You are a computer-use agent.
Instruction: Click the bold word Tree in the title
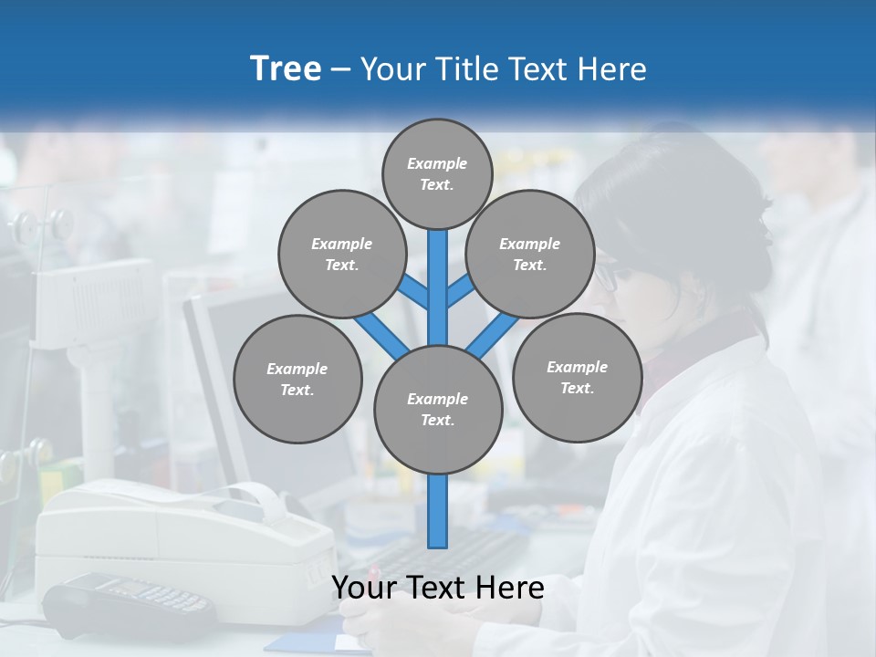286,68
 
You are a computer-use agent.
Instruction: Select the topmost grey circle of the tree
437,172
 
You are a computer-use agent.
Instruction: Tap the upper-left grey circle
341,254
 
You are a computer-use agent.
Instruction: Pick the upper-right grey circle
530,254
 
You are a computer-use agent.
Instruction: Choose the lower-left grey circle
297,379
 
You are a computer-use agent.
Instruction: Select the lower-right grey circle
577,377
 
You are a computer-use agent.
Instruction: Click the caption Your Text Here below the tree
437,588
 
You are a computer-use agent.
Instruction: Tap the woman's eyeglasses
607,276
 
